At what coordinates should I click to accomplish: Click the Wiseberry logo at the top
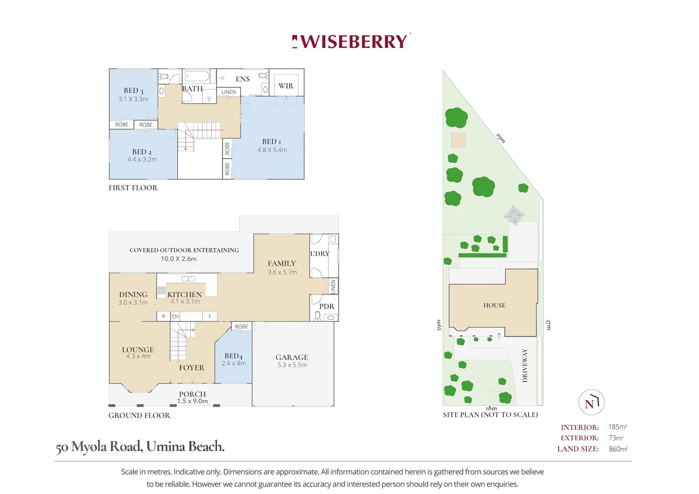tap(351, 42)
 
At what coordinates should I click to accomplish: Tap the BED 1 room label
tap(272, 142)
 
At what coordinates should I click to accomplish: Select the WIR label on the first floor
tap(286, 86)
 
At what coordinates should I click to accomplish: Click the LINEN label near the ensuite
tap(229, 92)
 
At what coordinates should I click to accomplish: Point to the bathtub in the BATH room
tap(197, 76)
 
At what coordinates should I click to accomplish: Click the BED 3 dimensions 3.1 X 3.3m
tap(133, 99)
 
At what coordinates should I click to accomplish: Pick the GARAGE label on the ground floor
tap(291, 357)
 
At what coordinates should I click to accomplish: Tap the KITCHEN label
tap(184, 295)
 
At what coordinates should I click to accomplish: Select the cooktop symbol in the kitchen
tap(161, 290)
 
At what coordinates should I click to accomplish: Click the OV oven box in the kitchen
tap(176, 316)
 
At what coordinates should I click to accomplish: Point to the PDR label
tap(327, 306)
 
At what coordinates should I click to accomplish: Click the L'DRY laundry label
tap(320, 254)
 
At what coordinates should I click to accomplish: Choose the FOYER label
tap(192, 368)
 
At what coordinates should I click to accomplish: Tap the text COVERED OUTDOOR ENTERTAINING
tap(184, 250)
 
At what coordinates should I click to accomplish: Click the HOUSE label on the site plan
tap(494, 306)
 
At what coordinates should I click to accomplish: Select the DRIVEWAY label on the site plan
tap(525, 365)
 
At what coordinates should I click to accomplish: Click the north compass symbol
tap(591, 403)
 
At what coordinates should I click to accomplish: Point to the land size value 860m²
tap(618, 449)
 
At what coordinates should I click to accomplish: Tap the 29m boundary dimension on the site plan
tap(500, 138)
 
